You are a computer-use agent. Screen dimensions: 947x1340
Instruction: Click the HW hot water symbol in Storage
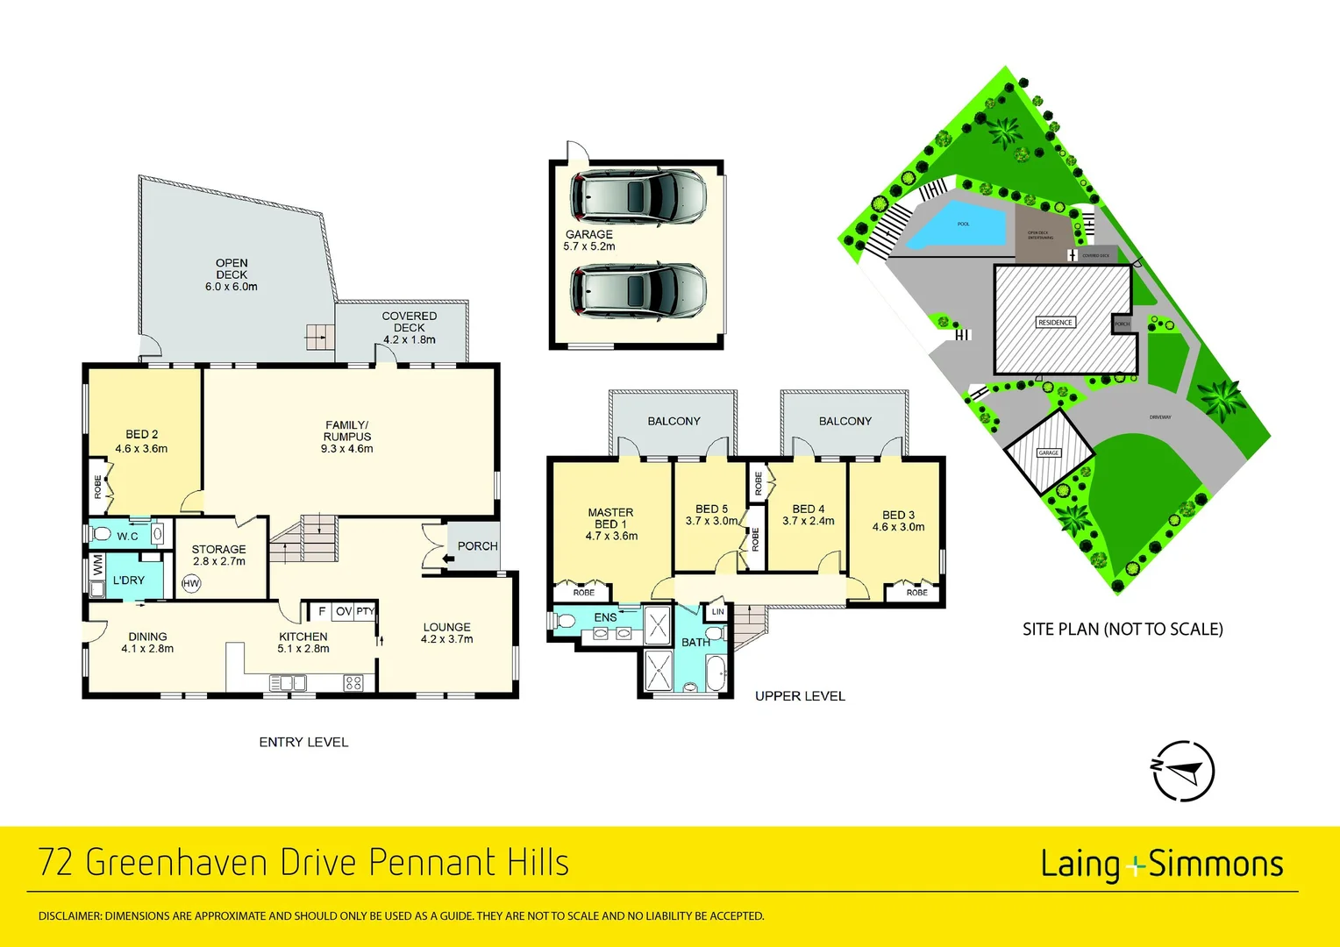191,583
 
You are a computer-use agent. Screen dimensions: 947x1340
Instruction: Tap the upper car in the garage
638,197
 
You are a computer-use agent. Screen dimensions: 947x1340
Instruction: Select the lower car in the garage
638,290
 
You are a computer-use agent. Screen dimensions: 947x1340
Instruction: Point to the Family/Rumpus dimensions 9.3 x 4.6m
347,449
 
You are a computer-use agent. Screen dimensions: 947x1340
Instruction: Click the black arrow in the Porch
449,557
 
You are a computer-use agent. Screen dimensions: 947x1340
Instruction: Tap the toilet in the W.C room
101,534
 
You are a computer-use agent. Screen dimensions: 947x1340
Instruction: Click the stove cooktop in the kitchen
353,682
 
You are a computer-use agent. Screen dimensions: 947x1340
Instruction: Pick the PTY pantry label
365,611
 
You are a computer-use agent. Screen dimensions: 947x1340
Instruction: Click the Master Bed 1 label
611,518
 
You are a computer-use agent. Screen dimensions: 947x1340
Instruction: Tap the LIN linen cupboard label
717,611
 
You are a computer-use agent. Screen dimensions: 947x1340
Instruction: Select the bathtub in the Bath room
716,673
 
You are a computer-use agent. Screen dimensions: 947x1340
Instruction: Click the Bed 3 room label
898,516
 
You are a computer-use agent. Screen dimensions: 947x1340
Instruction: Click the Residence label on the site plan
1055,323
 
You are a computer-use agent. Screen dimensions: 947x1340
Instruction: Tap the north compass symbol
1183,771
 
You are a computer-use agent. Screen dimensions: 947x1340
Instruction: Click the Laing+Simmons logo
1161,865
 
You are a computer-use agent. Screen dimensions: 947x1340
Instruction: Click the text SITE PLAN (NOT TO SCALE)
1123,630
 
